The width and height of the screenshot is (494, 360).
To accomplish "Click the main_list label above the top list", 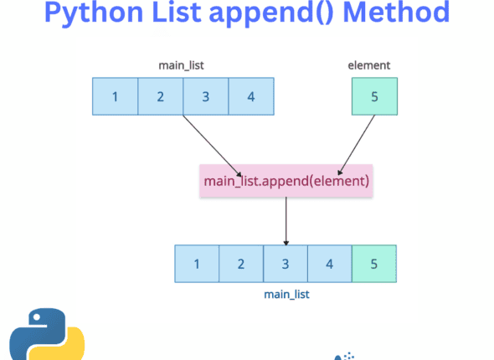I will (182, 64).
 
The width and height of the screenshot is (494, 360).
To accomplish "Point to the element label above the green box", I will (369, 64).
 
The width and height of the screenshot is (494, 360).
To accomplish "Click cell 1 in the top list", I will (115, 95).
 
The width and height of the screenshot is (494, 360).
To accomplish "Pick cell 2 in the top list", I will (160, 95).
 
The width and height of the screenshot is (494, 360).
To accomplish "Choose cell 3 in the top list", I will (205, 95).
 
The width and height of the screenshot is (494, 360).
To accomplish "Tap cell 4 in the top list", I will (250, 95).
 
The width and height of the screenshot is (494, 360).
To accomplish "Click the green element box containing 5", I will (374, 95).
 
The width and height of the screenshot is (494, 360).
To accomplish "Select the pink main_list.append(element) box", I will (286, 180).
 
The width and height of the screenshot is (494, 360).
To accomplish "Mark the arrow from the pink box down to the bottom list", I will (286, 219).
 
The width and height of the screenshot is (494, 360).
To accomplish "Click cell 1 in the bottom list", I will (197, 264).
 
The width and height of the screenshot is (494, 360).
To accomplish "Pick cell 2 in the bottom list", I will (240, 264).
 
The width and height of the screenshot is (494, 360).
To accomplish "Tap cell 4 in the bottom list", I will (329, 264).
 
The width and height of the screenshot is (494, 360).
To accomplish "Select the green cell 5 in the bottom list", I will (373, 264).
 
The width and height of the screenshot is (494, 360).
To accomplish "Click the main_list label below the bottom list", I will (286, 294).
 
